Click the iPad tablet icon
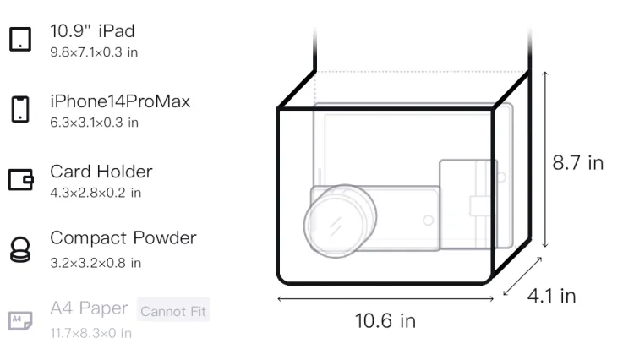coord(20,39)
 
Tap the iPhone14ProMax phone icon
coord(20,109)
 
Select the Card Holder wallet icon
coord(20,179)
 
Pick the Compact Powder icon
coord(19,249)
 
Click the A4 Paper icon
coord(20,320)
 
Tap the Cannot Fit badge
coord(173,311)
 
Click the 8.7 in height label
coord(578,163)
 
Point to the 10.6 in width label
coord(385,321)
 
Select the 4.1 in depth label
coord(551,296)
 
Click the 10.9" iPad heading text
coord(92,31)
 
